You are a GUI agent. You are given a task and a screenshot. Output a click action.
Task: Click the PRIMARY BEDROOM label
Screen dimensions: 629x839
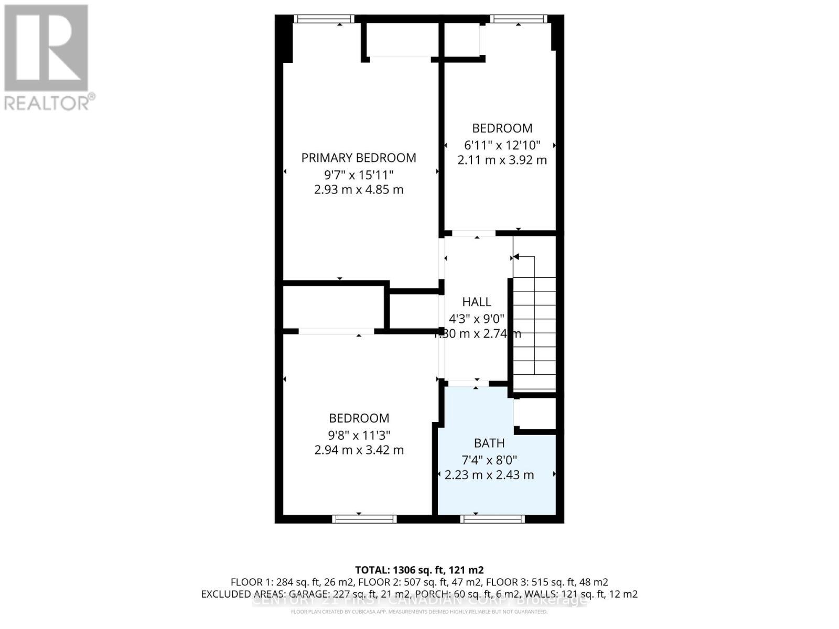tap(359, 158)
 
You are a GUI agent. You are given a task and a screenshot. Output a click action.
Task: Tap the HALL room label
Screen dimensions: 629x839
tap(476, 302)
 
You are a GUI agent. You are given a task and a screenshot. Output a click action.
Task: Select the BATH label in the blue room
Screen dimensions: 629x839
tap(489, 443)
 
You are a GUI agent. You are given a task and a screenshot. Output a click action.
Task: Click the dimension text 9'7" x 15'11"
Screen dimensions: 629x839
tap(359, 174)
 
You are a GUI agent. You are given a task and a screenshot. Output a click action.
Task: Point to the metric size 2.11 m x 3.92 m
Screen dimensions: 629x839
tap(502, 160)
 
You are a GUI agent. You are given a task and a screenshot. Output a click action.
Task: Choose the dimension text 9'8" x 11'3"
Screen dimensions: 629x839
tap(359, 435)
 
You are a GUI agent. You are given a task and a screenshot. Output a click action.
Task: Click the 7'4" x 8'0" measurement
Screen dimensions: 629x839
tap(489, 460)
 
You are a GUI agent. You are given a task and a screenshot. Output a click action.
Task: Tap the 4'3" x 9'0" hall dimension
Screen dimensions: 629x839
tap(476, 318)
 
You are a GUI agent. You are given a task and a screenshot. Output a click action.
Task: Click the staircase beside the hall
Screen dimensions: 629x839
tap(534, 325)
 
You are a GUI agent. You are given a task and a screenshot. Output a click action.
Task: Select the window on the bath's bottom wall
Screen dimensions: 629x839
tap(492, 519)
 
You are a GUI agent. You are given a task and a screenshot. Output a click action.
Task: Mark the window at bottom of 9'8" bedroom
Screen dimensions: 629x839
tap(364, 519)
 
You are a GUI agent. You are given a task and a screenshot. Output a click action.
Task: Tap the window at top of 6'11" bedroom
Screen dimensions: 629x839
tap(519, 19)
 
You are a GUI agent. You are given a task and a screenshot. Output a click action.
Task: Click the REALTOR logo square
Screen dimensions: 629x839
tap(46, 48)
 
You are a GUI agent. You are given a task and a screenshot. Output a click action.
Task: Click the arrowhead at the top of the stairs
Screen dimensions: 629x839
tap(515, 257)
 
